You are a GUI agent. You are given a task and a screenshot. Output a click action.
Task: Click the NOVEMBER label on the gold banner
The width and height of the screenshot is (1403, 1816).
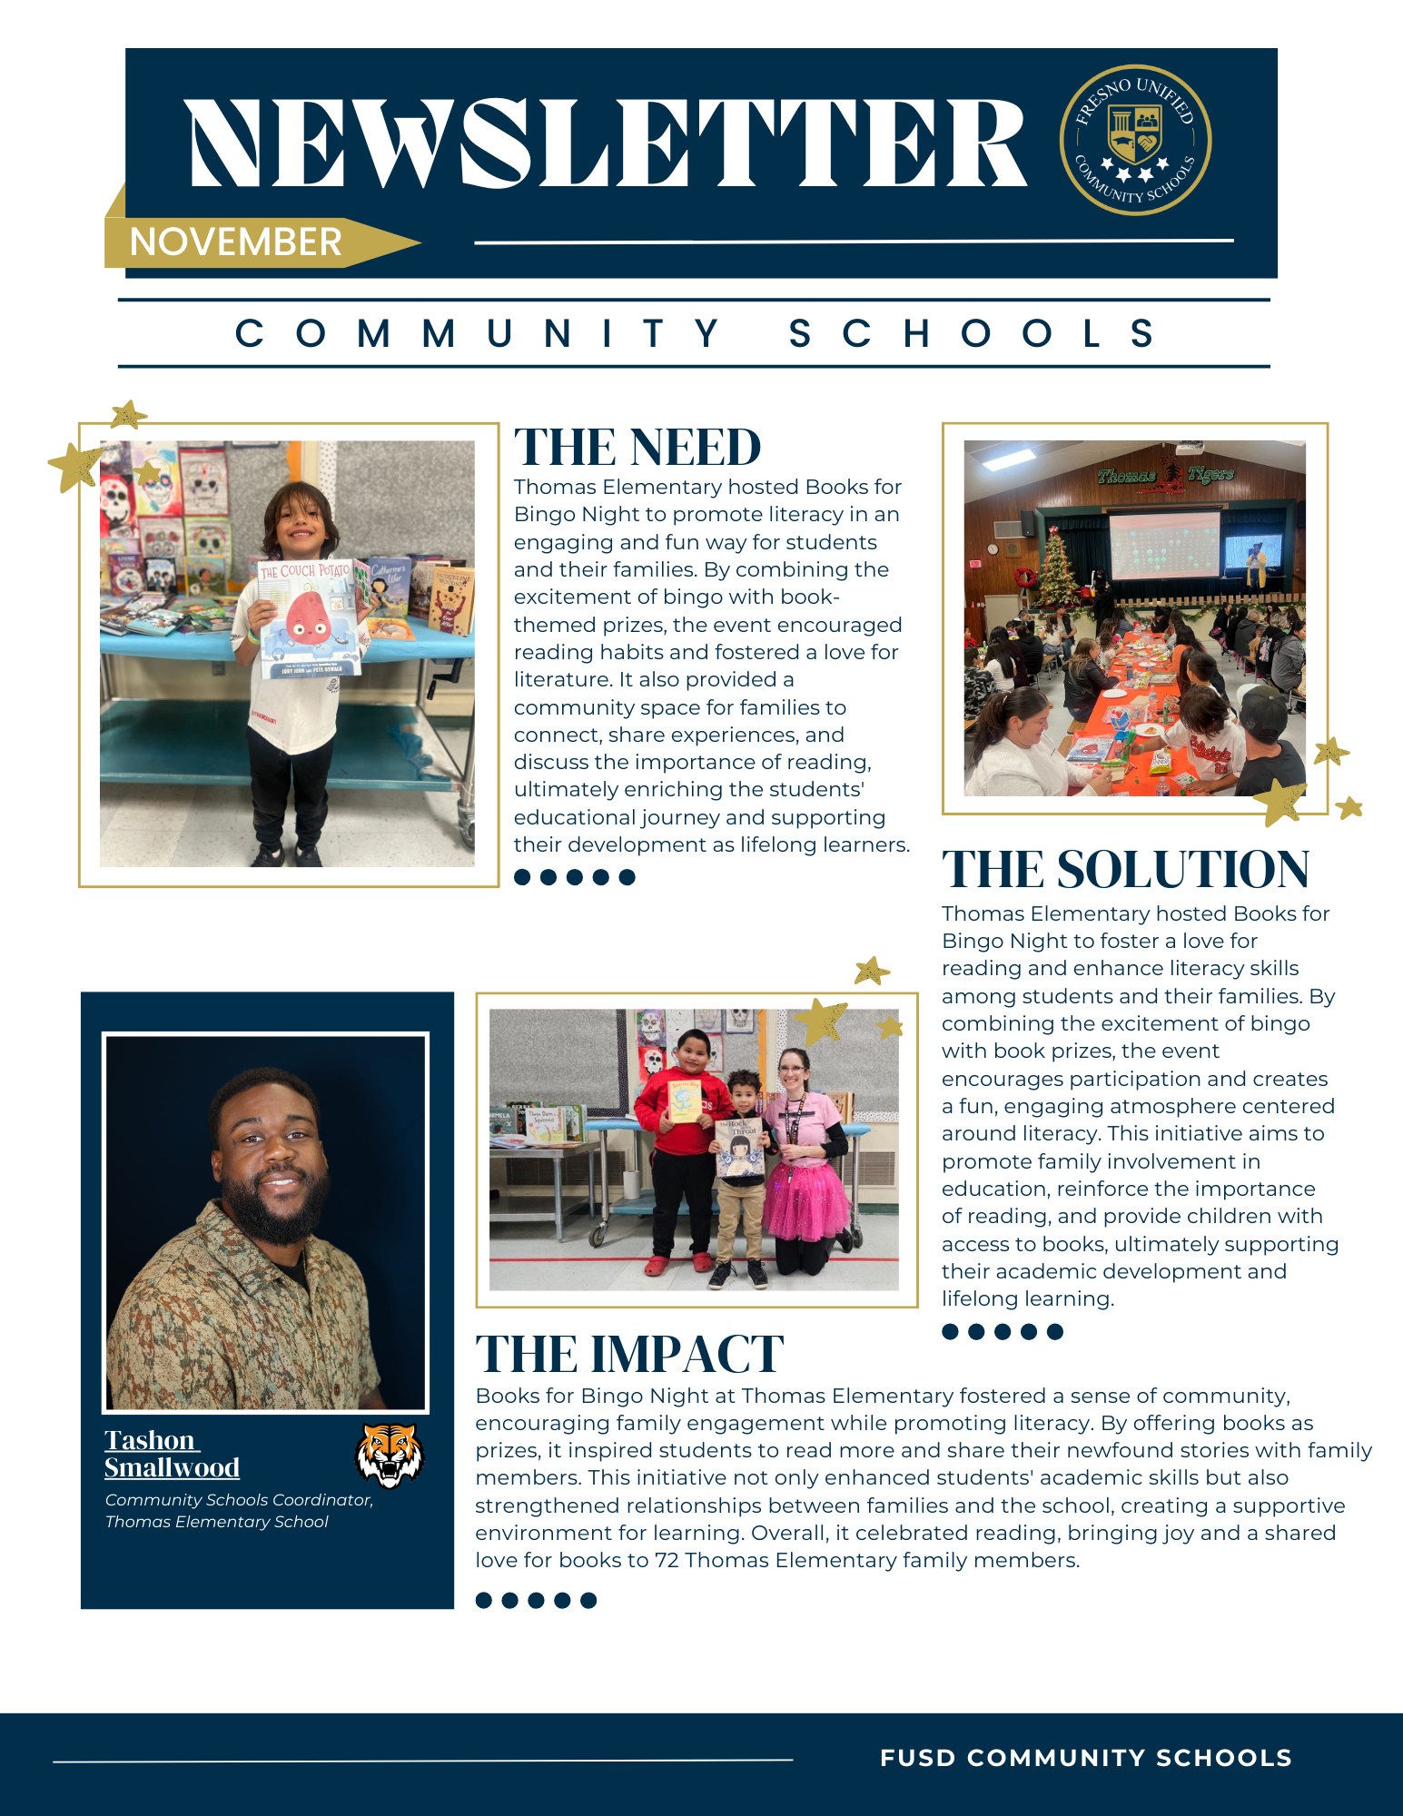[235, 242]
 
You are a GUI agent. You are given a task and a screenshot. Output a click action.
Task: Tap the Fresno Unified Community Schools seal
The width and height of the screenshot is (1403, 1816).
[1135, 140]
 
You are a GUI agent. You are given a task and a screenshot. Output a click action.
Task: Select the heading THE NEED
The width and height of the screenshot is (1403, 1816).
[637, 448]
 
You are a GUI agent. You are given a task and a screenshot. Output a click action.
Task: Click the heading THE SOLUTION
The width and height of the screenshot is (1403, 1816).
[1125, 869]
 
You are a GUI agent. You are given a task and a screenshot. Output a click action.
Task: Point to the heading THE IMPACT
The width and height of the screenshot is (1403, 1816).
[629, 1354]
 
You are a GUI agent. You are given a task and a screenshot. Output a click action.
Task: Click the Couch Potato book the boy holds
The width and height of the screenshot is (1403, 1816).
[309, 618]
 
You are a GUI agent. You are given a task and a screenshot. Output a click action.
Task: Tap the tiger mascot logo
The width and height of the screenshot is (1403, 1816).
[389, 1455]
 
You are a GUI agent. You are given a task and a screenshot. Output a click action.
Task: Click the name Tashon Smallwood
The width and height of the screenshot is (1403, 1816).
[172, 1454]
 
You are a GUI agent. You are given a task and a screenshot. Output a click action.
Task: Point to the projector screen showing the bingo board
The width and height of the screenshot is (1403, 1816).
[1164, 546]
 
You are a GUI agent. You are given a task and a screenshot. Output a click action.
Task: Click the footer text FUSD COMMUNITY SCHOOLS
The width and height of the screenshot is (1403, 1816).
[1085, 1758]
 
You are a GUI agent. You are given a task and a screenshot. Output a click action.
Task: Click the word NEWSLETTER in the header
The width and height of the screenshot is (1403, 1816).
[607, 144]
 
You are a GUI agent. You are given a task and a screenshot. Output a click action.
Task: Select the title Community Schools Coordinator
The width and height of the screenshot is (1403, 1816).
[239, 1500]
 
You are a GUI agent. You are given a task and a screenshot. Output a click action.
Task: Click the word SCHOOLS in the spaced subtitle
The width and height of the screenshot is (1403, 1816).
[972, 334]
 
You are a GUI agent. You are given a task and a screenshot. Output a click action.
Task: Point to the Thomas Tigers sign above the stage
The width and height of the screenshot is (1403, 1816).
[1165, 475]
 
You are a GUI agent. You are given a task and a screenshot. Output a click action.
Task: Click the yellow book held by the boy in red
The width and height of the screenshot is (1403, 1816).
[686, 1100]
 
